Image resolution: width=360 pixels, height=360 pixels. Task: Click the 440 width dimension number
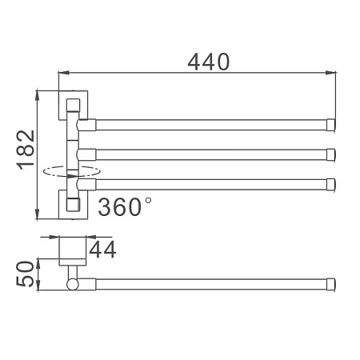tap(208, 62)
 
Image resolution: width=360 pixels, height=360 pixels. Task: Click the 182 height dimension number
tap(26, 150)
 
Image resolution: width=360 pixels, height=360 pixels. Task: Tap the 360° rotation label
tap(125, 206)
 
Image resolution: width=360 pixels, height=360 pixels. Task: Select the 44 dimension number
tap(102, 250)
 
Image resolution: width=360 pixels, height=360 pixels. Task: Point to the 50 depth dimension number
tap(26, 274)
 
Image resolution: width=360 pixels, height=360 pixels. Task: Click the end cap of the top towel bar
tap(331, 125)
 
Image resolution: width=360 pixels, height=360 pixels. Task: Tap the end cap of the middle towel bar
tap(331, 154)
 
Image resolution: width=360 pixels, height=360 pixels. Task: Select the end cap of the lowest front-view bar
tap(331, 185)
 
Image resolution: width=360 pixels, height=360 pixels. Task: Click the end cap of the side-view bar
tap(331, 284)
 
